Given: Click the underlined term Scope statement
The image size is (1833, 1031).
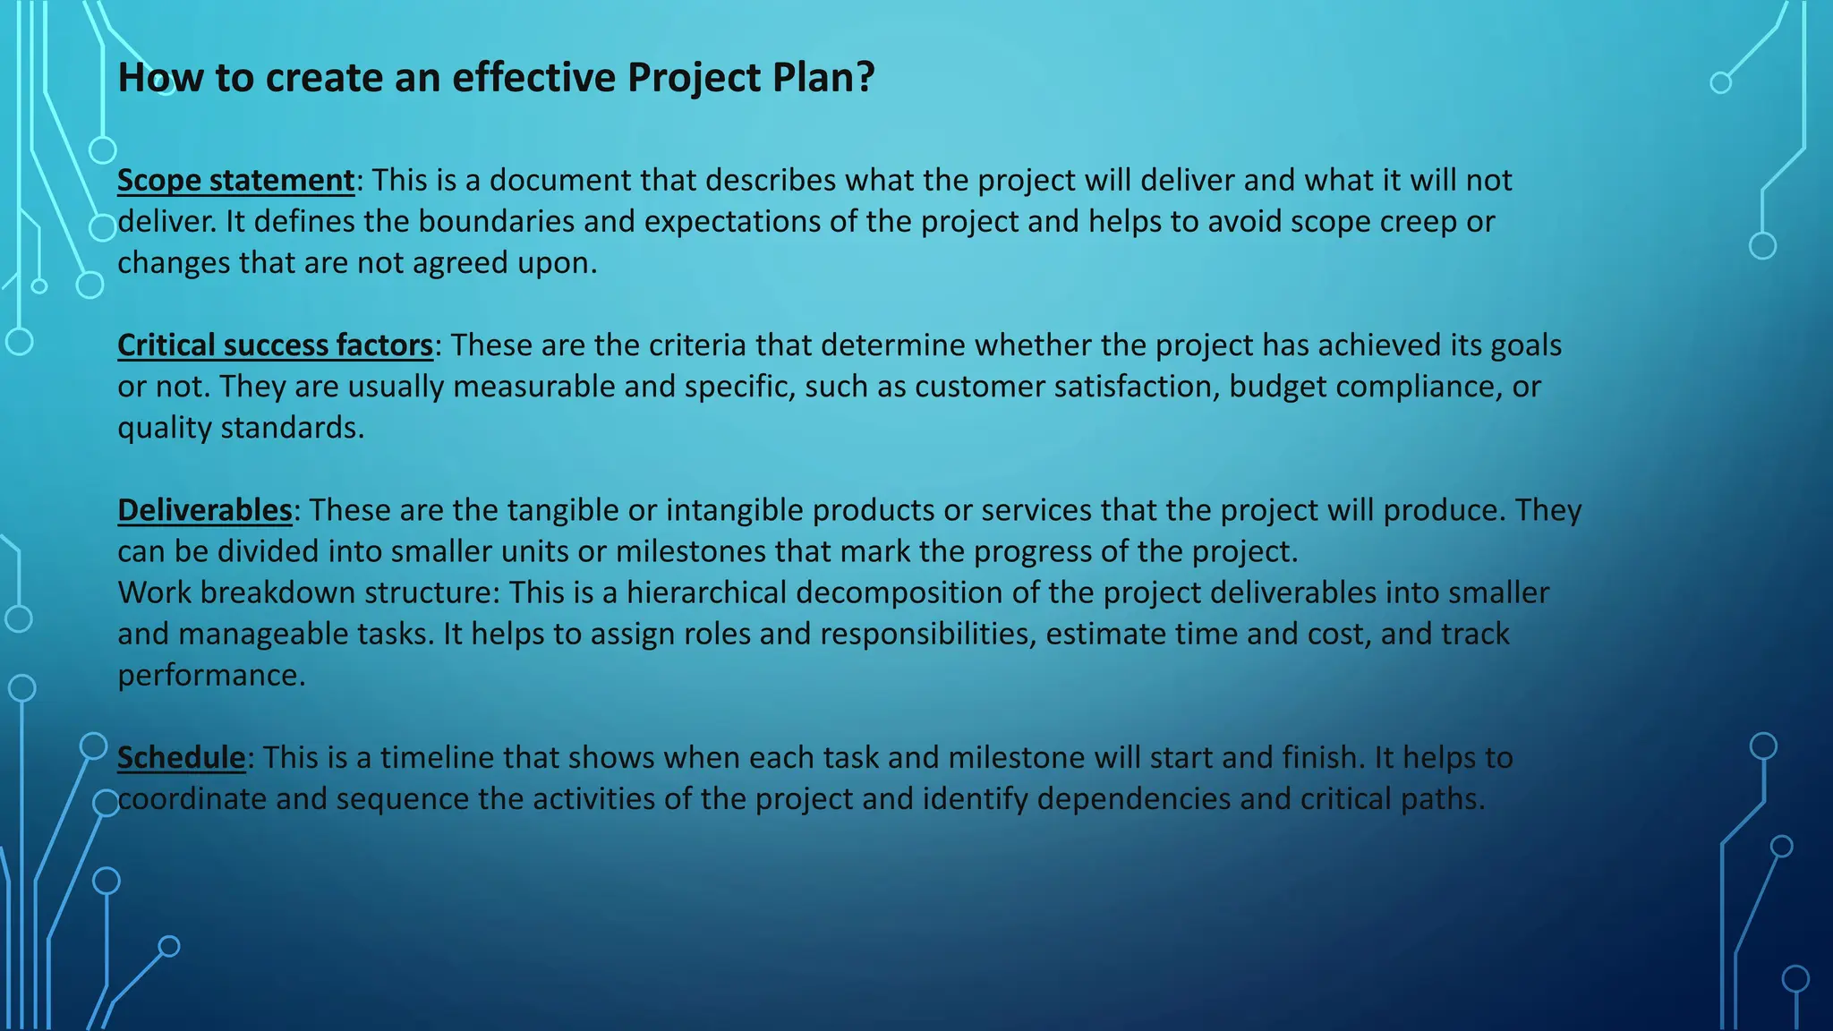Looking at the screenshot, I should [x=236, y=181].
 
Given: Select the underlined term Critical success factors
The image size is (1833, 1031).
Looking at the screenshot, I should [x=275, y=345].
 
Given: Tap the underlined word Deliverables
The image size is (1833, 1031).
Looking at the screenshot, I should [x=205, y=510].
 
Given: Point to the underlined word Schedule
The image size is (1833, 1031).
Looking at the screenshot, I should [x=182, y=758].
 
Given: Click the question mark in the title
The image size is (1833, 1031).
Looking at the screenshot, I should [x=865, y=78].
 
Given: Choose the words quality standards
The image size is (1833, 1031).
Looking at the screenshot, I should [x=241, y=428].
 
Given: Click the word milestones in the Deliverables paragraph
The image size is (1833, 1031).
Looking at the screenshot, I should [x=691, y=551].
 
